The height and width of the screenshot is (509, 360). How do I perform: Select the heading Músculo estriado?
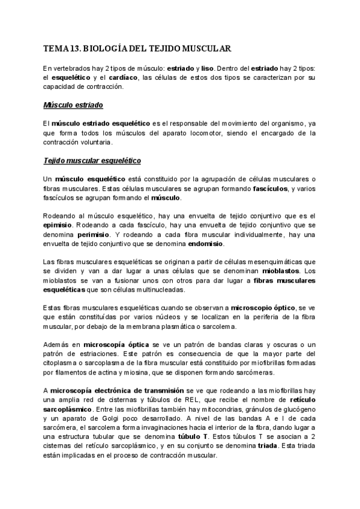(x=73, y=105)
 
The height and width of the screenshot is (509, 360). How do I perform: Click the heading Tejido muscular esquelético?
(x=92, y=161)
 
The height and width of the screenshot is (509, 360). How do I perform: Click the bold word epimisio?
(x=58, y=225)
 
